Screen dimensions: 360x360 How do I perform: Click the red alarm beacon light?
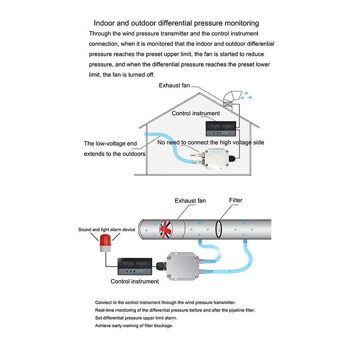[104, 242]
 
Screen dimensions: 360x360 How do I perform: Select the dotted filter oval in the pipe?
[220, 229]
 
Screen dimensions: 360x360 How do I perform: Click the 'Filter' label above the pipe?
[235, 200]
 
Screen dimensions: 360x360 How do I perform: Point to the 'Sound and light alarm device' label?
[107, 229]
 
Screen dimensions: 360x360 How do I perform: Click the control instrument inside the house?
[220, 129]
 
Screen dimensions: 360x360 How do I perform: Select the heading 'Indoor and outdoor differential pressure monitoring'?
[176, 23]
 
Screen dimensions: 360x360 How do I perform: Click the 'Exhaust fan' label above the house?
[174, 85]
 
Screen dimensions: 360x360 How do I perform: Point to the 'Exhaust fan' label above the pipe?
[190, 200]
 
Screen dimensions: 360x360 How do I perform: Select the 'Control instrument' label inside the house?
[196, 113]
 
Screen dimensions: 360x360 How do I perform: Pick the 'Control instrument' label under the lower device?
[135, 281]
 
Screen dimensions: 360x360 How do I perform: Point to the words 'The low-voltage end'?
[110, 144]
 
